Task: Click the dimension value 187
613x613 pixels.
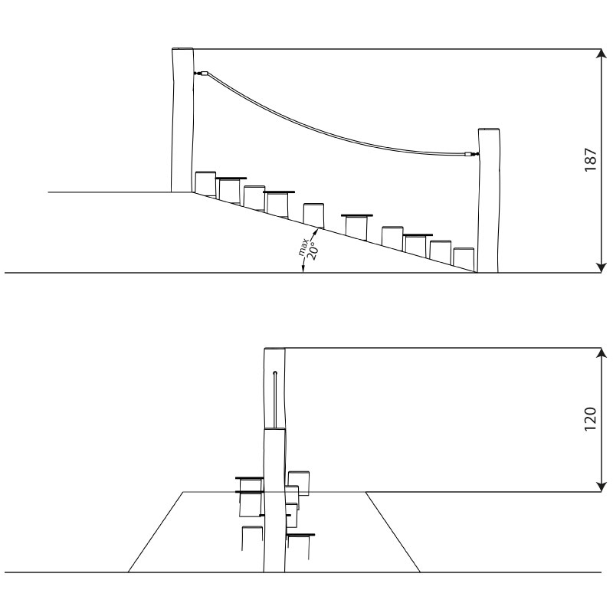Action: [590, 159]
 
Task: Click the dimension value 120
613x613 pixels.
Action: [590, 419]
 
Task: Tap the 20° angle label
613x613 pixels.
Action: [313, 251]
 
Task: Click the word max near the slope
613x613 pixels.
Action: [303, 247]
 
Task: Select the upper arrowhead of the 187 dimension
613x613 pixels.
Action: [601, 54]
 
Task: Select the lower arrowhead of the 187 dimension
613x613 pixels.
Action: [601, 267]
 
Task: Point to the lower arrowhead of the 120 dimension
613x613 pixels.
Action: [601, 487]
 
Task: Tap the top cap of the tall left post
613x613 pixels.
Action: [182, 49]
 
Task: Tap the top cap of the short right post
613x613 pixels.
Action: [489, 129]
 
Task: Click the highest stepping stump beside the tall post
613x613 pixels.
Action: [205, 183]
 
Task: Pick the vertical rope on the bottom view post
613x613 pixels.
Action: [275, 399]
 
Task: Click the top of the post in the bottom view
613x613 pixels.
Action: [274, 349]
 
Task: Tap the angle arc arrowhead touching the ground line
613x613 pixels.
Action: [302, 269]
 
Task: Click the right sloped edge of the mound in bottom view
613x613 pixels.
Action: [392, 532]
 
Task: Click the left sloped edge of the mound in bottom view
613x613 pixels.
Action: [156, 532]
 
